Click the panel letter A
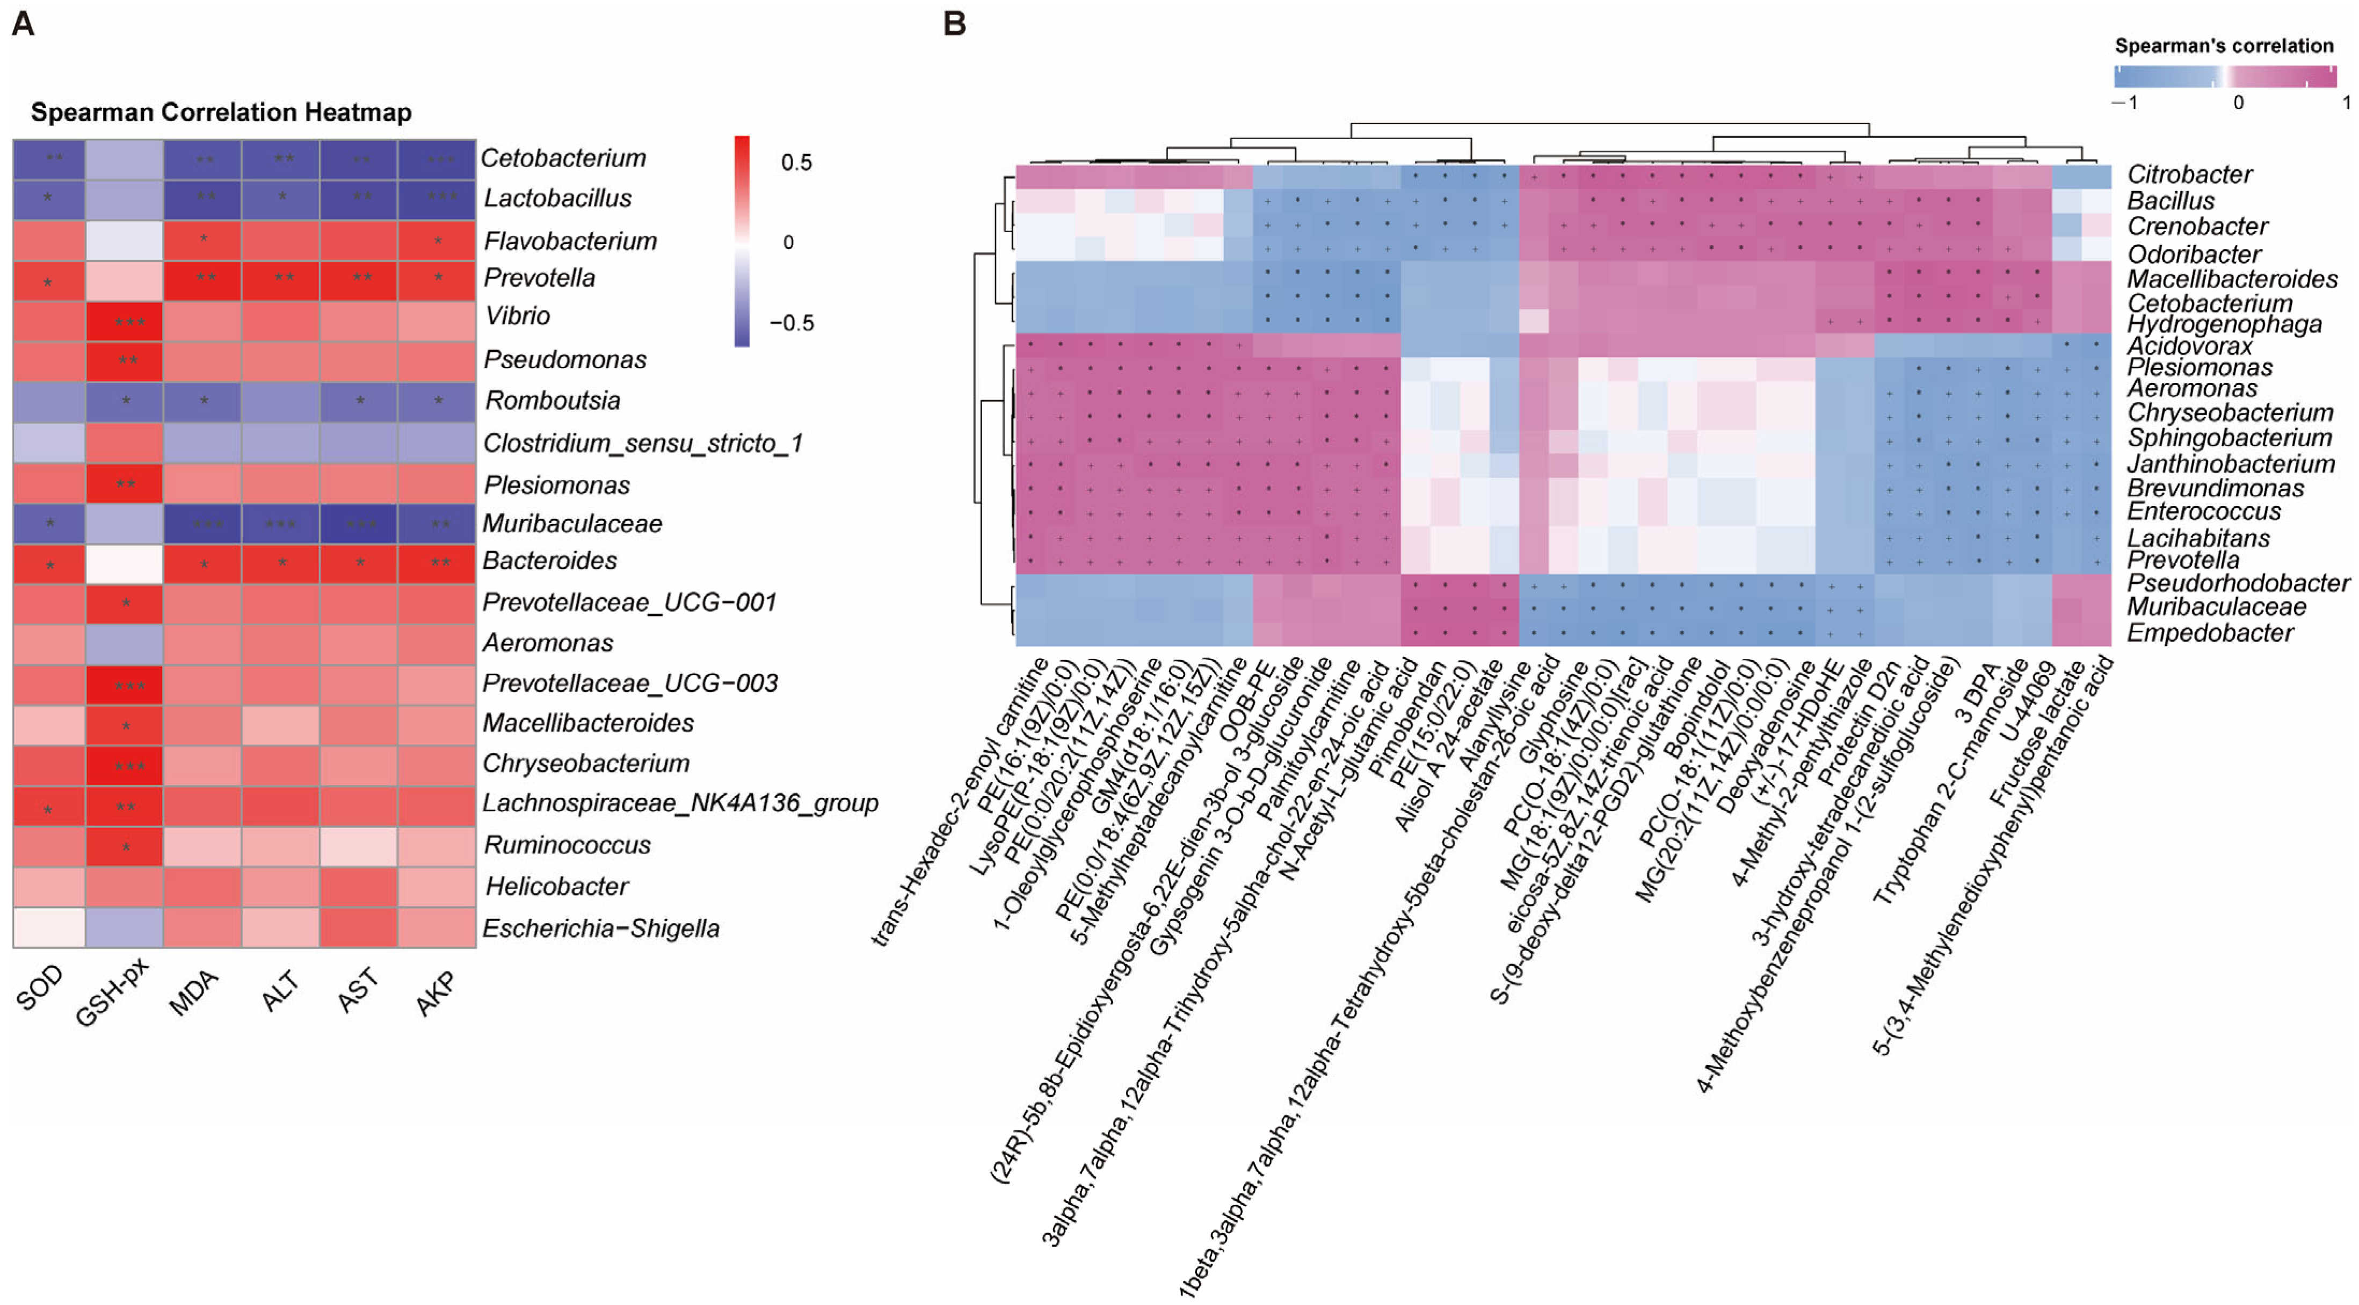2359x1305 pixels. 23,24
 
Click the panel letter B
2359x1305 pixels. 954,24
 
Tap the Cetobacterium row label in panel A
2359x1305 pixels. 563,158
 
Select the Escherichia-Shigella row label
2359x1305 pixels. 601,929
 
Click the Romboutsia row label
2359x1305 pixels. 552,400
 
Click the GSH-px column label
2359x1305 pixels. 112,994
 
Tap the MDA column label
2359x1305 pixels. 194,992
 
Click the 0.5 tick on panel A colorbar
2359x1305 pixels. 796,163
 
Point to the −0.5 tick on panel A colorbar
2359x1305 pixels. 791,323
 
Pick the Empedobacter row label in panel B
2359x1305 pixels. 2210,633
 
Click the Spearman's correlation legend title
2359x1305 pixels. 2224,46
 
